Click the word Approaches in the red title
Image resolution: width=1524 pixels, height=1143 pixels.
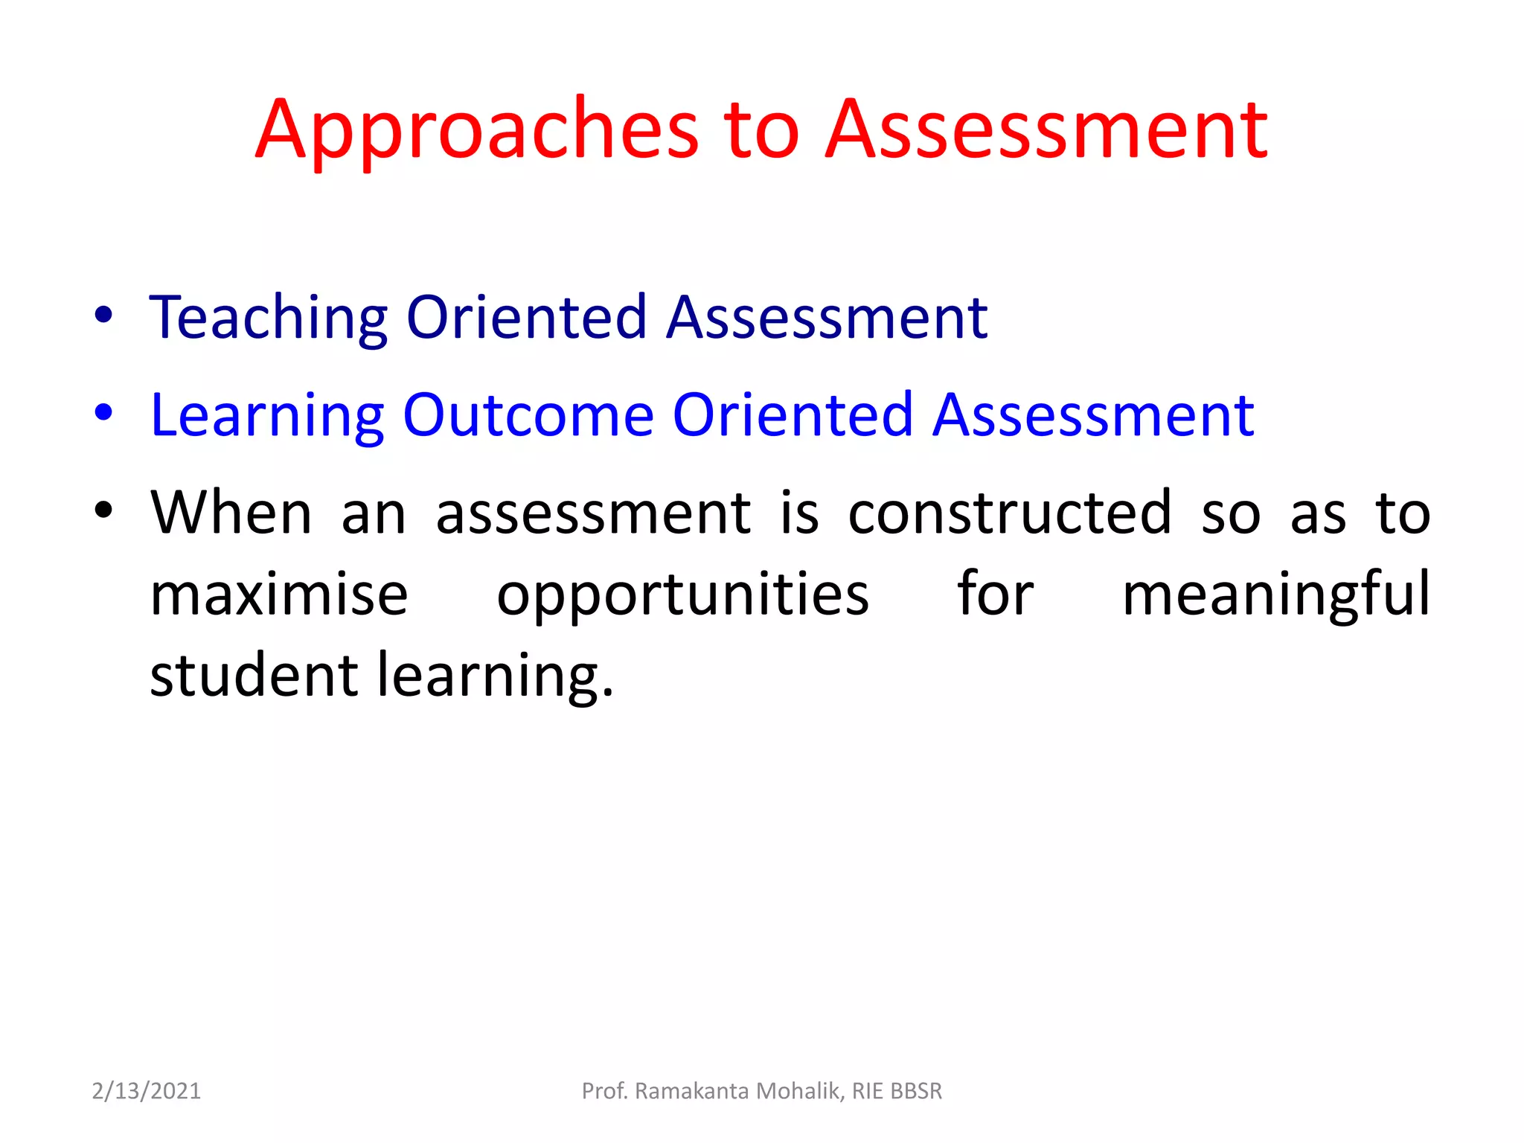[477, 132]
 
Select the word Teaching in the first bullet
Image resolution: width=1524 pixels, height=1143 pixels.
[269, 318]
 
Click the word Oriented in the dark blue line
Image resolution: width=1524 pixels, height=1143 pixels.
[527, 318]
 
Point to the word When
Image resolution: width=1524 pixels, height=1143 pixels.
[231, 513]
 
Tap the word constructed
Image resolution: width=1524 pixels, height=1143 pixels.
[1010, 513]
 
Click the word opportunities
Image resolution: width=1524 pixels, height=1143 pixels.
[682, 595]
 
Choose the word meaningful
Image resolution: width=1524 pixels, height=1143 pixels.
[1276, 595]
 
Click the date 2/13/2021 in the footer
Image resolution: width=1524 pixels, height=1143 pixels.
[147, 1091]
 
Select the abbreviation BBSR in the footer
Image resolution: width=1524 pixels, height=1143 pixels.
[915, 1091]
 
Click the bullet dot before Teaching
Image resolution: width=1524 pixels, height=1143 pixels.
[103, 316]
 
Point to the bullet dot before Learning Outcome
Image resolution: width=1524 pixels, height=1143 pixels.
[103, 413]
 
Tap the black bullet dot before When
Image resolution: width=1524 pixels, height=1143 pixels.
[103, 510]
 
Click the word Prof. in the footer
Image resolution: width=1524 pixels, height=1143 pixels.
[605, 1091]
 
